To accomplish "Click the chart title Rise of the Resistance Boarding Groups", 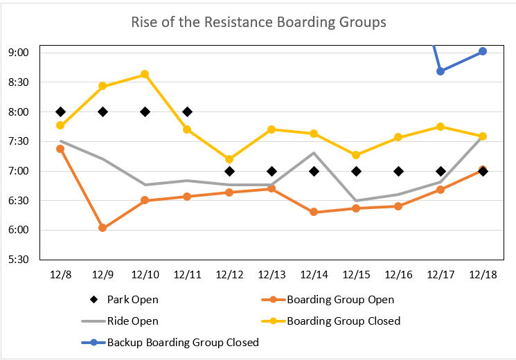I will (258, 22).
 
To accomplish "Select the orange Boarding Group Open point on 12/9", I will (103, 228).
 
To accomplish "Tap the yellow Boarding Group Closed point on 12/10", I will (145, 74).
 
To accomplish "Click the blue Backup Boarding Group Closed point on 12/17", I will (441, 71).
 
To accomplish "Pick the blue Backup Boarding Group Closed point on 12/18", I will (483, 51).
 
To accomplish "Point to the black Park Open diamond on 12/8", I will (60, 111).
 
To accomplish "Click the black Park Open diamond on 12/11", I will (187, 111).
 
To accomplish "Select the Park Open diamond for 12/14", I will (314, 171).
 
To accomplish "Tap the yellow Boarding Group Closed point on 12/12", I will (229, 159).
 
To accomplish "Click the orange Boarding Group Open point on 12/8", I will (60, 149).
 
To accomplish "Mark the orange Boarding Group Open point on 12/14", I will (314, 212).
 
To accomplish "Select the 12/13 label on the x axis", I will (272, 275).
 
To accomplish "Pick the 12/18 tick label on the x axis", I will (483, 275).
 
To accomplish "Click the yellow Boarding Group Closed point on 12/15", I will (356, 155).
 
